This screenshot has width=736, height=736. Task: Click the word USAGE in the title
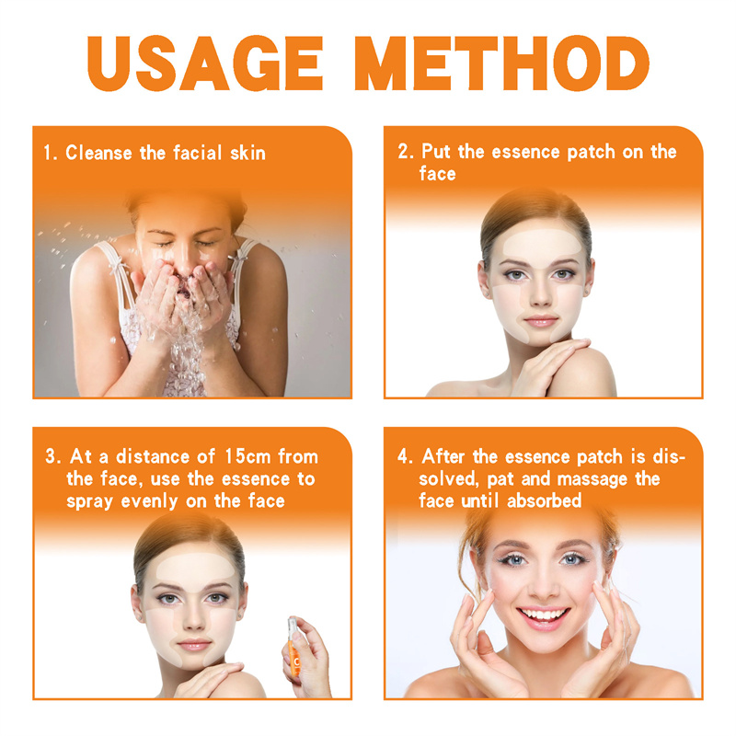coord(205,63)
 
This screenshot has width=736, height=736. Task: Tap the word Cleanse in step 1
coord(98,153)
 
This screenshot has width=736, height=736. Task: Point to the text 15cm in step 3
coord(247,456)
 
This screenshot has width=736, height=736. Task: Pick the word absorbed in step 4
coord(544,500)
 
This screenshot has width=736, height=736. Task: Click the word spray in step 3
coord(89,502)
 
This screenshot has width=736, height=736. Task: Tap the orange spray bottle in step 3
coord(293,647)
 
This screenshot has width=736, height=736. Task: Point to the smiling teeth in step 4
coord(544,614)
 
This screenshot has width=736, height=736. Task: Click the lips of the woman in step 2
coord(541,321)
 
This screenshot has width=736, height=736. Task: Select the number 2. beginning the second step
coord(406,152)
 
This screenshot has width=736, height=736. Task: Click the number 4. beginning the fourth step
coord(405,456)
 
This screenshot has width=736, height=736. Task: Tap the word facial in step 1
coord(197,153)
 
